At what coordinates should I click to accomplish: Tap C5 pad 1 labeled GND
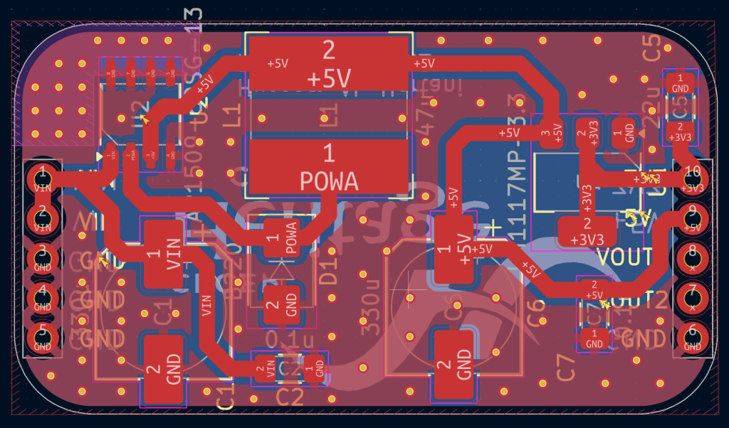pyautogui.click(x=681, y=83)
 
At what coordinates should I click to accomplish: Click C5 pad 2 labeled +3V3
pyautogui.click(x=681, y=131)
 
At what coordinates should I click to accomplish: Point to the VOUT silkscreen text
pyautogui.click(x=624, y=256)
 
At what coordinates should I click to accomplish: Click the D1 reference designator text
pyautogui.click(x=329, y=272)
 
